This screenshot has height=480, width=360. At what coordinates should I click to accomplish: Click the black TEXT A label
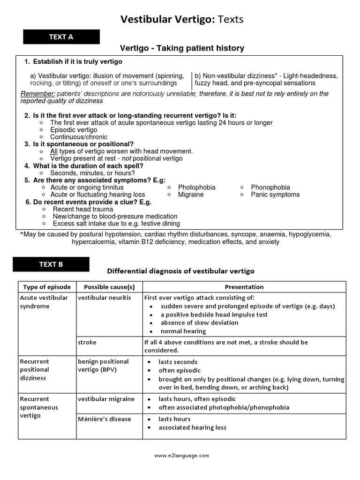[x=61, y=37]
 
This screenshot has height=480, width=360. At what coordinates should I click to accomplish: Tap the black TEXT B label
[x=51, y=264]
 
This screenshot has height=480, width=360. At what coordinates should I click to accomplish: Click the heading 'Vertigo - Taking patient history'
[x=182, y=48]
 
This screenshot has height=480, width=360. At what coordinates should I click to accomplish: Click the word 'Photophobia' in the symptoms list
[x=196, y=187]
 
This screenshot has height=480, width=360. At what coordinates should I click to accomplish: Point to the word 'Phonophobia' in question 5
[x=270, y=187]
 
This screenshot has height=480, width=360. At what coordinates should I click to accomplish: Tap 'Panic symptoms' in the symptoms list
[x=275, y=195]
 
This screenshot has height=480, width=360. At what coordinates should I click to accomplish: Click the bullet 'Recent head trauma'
[x=83, y=209]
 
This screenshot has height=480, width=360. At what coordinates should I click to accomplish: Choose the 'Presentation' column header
[x=244, y=287]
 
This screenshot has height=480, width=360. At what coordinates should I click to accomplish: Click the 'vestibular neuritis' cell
[x=105, y=298]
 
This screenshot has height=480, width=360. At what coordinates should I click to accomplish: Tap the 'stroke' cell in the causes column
[x=87, y=342]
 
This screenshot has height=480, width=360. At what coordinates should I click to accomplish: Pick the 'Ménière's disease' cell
[x=105, y=419]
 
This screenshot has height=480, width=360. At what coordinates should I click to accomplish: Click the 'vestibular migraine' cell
[x=106, y=399]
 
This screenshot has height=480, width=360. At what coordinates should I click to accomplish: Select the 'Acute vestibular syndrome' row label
[x=44, y=302]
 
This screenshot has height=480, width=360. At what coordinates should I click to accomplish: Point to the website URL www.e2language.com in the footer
[x=181, y=455]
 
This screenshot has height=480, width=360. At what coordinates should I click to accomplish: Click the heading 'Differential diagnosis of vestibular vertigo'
[x=181, y=271]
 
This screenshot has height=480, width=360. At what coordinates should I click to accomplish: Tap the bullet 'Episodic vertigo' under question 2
[x=74, y=130]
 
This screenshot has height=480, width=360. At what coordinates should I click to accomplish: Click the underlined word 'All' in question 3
[x=54, y=151]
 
